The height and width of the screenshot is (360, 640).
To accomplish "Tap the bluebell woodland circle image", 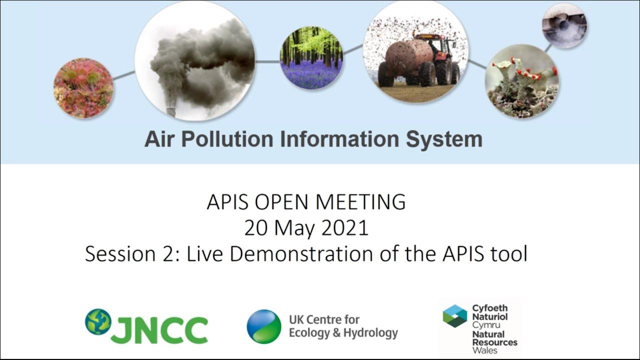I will pyautogui.click(x=311, y=57).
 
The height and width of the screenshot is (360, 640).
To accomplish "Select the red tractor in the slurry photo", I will pyautogui.click(x=440, y=57).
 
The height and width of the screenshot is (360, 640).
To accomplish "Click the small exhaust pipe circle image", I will pyautogui.click(x=564, y=25).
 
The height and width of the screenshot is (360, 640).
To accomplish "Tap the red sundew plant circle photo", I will pyautogui.click(x=83, y=88).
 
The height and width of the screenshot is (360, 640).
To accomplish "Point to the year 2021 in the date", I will pyautogui.click(x=344, y=228).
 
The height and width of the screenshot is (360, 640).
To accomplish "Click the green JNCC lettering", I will pyautogui.click(x=159, y=330).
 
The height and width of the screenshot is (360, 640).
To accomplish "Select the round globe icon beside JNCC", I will pyautogui.click(x=98, y=321).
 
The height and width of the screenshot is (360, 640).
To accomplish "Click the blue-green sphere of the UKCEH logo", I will pyautogui.click(x=264, y=326).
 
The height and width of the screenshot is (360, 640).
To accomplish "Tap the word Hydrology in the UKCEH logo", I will pyautogui.click(x=370, y=332).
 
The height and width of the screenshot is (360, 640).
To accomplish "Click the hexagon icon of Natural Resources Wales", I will pyautogui.click(x=454, y=315).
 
